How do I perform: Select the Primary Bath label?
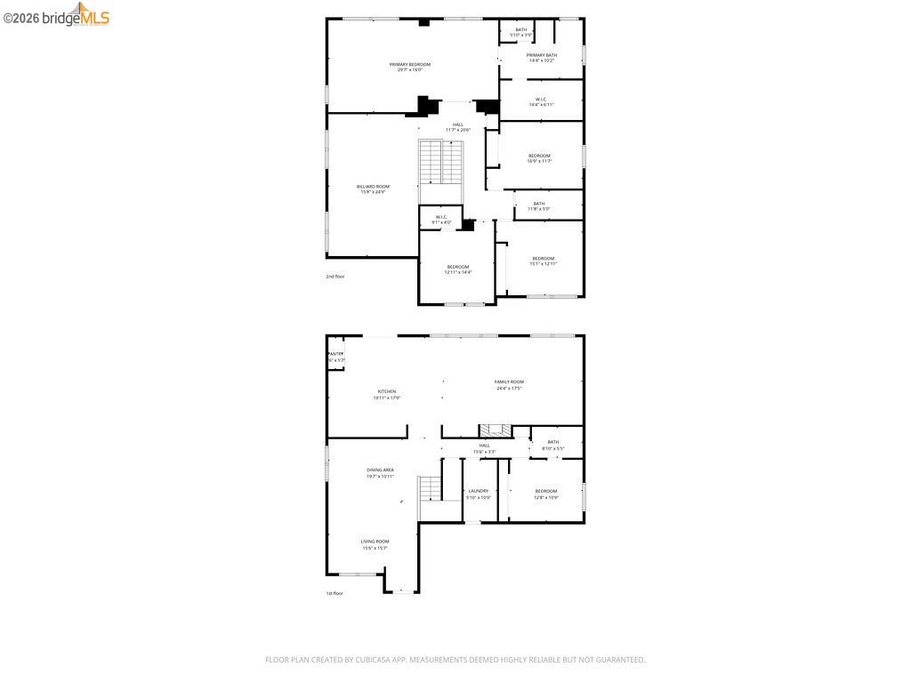541,57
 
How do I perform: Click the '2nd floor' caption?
335,277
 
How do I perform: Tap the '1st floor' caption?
335,593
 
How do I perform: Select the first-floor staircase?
431,488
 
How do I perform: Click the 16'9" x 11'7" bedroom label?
539,158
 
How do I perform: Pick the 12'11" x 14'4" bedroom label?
457,269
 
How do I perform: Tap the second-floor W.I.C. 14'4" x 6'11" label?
541,101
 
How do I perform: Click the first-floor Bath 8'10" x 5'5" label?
552,445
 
